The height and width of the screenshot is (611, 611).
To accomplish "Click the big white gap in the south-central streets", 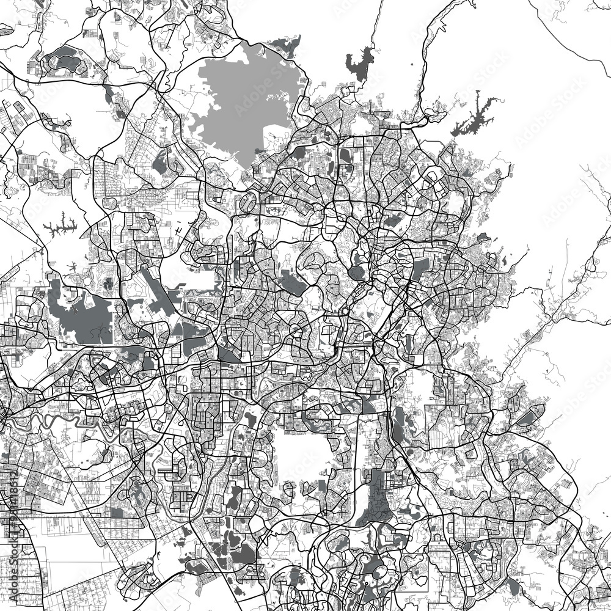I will point(293,452).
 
